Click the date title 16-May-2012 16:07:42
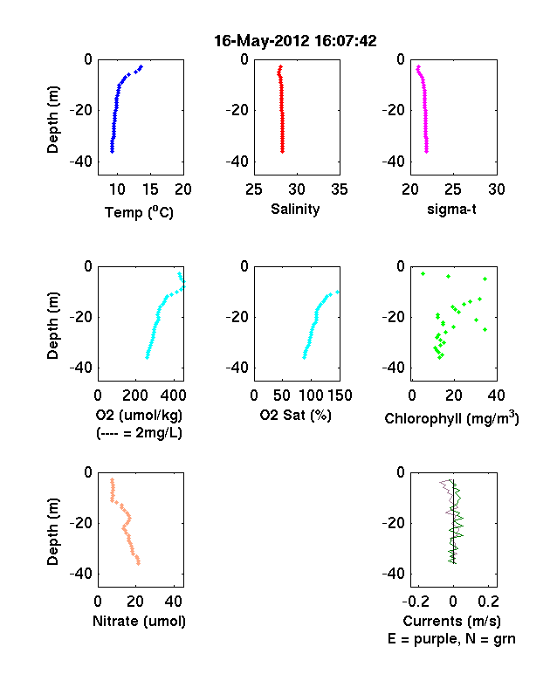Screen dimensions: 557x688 point(295,41)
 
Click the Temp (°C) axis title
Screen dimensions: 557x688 point(139,212)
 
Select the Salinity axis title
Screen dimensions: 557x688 point(295,210)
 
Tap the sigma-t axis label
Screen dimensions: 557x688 point(451,210)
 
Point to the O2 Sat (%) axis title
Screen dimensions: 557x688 point(296,415)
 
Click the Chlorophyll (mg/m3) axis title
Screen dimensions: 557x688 point(451,418)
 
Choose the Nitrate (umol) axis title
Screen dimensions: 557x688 point(139,622)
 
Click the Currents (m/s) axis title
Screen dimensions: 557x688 point(451,622)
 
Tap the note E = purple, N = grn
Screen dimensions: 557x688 point(451,639)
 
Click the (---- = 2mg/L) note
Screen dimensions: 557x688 point(139,433)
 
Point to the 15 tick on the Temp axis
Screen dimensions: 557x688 point(150,189)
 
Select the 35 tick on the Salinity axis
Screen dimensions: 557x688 point(340,189)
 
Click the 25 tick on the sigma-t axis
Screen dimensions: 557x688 point(453,189)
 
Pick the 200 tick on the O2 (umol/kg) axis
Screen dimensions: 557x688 point(135,396)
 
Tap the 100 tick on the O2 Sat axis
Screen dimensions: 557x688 point(311,396)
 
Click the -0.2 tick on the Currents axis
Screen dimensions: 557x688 point(416,602)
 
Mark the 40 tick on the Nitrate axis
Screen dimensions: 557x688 point(174,602)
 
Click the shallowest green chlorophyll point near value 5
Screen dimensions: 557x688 point(423,274)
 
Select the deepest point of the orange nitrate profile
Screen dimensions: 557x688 point(139,563)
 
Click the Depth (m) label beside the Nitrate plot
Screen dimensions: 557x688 point(52,532)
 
